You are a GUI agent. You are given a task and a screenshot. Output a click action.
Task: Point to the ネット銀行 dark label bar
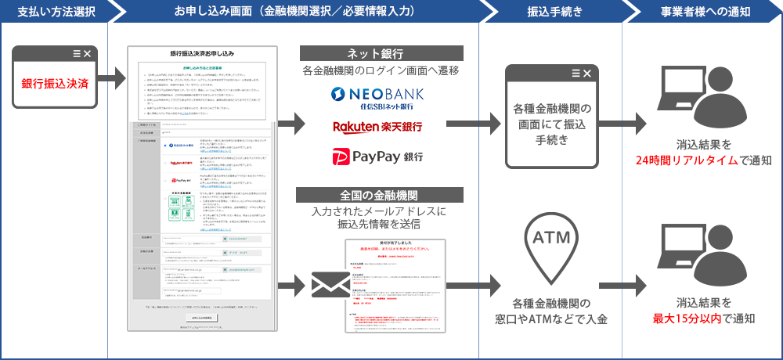click(375, 53)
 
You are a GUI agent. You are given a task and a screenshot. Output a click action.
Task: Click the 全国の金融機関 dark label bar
click(375, 194)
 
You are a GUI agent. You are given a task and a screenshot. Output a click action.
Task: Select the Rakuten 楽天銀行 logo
click(376, 127)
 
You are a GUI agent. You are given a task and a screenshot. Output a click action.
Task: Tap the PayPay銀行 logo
click(376, 156)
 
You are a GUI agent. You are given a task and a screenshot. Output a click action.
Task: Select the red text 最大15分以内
click(688, 318)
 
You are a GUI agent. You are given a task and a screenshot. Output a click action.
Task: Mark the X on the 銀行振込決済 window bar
click(87, 53)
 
